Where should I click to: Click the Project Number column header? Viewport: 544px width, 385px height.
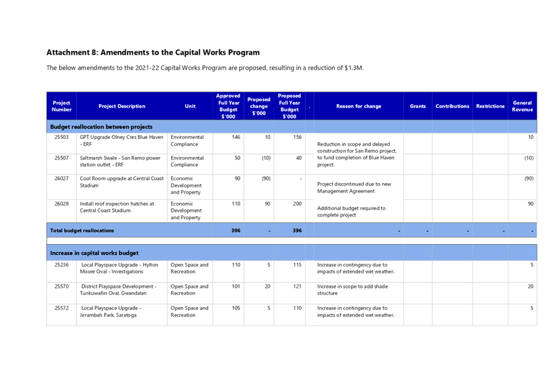(61, 106)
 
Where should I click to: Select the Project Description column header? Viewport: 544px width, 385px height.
(121, 107)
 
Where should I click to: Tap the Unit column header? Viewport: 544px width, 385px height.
(190, 107)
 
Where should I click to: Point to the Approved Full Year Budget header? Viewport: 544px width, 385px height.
(228, 107)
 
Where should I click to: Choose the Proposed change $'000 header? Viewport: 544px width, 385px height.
(258, 106)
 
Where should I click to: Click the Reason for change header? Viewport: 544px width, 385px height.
(359, 107)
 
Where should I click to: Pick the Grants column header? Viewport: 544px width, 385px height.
(418, 107)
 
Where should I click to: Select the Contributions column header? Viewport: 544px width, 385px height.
(452, 107)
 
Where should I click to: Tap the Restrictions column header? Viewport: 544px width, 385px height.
(490, 107)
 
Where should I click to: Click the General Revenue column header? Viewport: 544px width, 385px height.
(522, 106)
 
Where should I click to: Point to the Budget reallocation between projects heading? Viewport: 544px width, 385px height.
(101, 126)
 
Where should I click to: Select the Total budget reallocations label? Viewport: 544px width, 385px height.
(82, 231)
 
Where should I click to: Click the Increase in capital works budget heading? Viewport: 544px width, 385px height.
(94, 254)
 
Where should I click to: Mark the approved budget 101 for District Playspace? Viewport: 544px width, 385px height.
(235, 286)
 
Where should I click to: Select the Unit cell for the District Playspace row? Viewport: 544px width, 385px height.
(189, 290)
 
